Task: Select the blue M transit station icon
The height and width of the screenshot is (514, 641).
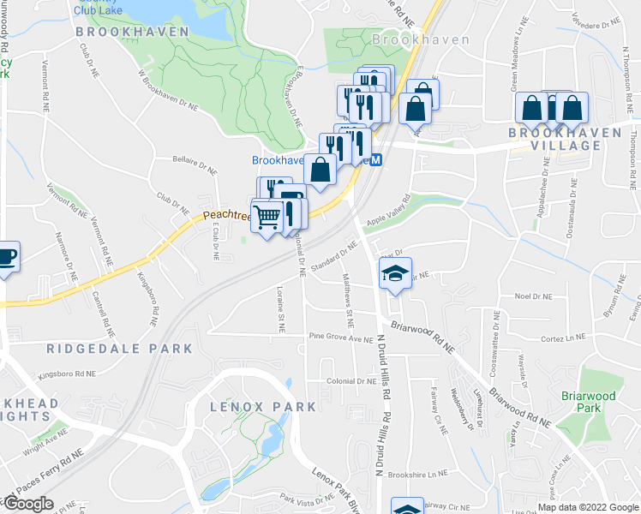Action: (376, 159)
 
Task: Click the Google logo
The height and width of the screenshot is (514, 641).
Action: (28, 504)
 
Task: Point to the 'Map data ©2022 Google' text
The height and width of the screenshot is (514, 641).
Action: (587, 507)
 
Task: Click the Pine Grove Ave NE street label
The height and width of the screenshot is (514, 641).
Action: (343, 338)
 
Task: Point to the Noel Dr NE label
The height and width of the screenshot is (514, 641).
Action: (532, 296)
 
